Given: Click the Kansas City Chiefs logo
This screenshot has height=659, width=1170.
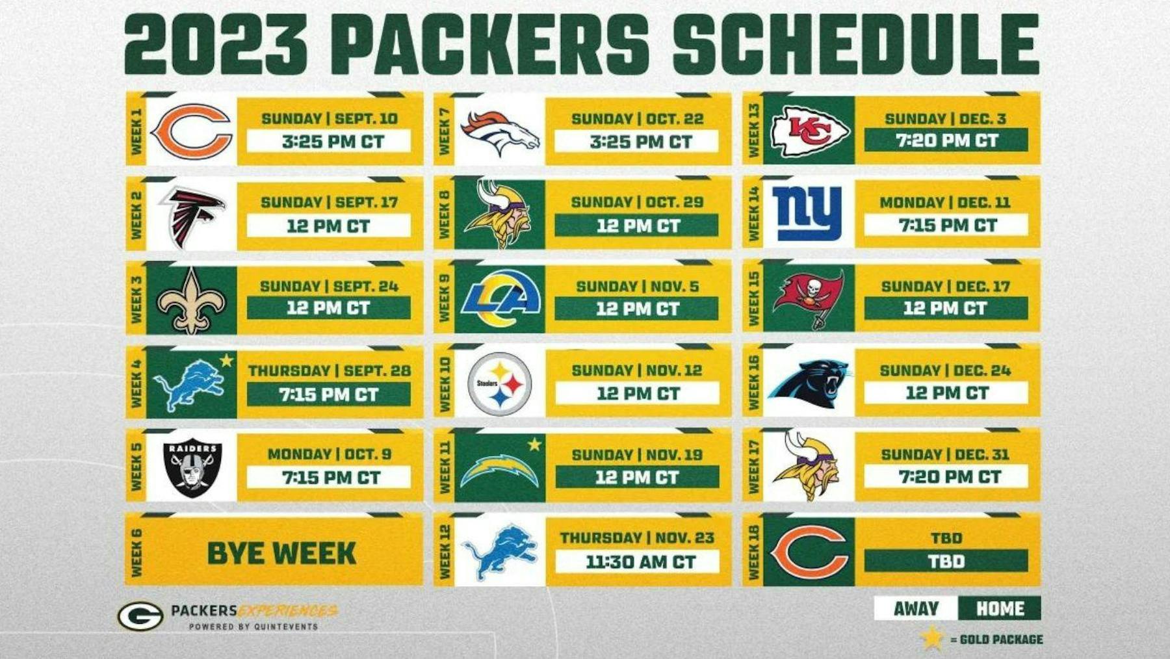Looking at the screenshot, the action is pyautogui.click(x=810, y=131).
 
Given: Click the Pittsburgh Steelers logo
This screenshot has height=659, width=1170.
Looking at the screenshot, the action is pyautogui.click(x=500, y=384).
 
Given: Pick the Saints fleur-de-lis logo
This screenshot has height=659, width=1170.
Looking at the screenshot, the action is pyautogui.click(x=192, y=300).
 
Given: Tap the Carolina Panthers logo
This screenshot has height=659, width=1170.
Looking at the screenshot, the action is pyautogui.click(x=810, y=383).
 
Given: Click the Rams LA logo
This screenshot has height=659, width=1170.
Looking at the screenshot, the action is pyautogui.click(x=500, y=300).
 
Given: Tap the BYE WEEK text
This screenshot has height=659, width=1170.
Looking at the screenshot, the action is pyautogui.click(x=281, y=554).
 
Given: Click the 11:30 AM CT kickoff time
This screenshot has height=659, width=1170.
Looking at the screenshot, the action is pyautogui.click(x=640, y=562).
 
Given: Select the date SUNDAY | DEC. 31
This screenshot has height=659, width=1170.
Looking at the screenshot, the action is pyautogui.click(x=945, y=454).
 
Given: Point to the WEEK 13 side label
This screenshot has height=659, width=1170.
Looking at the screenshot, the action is pyautogui.click(x=753, y=130).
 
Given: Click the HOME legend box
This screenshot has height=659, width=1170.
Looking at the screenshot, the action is pyautogui.click(x=999, y=608).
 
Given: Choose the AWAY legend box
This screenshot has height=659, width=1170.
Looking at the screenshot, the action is pyautogui.click(x=916, y=608).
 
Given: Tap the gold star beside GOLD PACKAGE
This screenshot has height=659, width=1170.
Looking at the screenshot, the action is pyautogui.click(x=931, y=638).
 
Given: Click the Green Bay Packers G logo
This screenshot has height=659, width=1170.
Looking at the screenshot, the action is pyautogui.click(x=140, y=615).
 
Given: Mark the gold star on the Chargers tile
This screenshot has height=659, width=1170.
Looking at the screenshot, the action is pyautogui.click(x=534, y=445).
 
